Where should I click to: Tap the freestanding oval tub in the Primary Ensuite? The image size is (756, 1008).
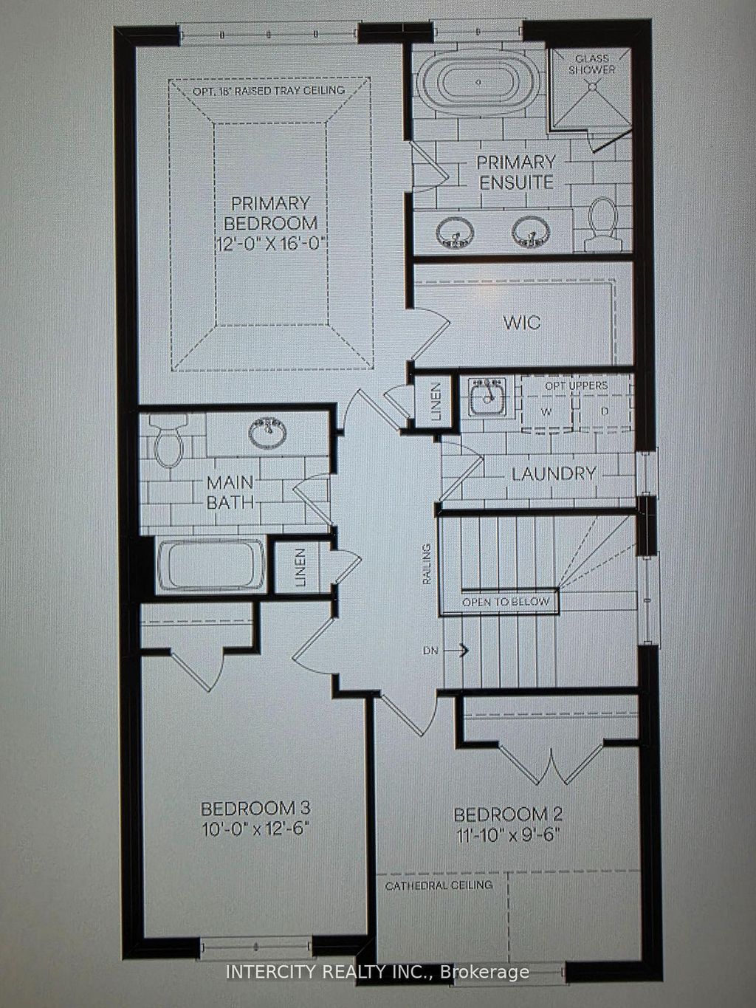[x=479, y=82]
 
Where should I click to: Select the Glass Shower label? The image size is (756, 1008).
[x=594, y=64]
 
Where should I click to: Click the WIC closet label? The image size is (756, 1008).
[x=522, y=323]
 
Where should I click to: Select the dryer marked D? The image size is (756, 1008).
[x=604, y=411]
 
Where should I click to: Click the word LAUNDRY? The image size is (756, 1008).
[x=554, y=474]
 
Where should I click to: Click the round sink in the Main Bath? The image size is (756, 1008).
[x=268, y=433]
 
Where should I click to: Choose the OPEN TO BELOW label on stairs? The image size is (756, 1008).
[x=506, y=602]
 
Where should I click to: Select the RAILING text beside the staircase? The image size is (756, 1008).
[x=426, y=564]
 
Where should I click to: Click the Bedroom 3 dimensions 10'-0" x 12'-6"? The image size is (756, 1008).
[x=255, y=828]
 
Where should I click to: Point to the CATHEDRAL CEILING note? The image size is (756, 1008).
[x=439, y=885]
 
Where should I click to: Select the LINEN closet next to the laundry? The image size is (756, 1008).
[x=436, y=402]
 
